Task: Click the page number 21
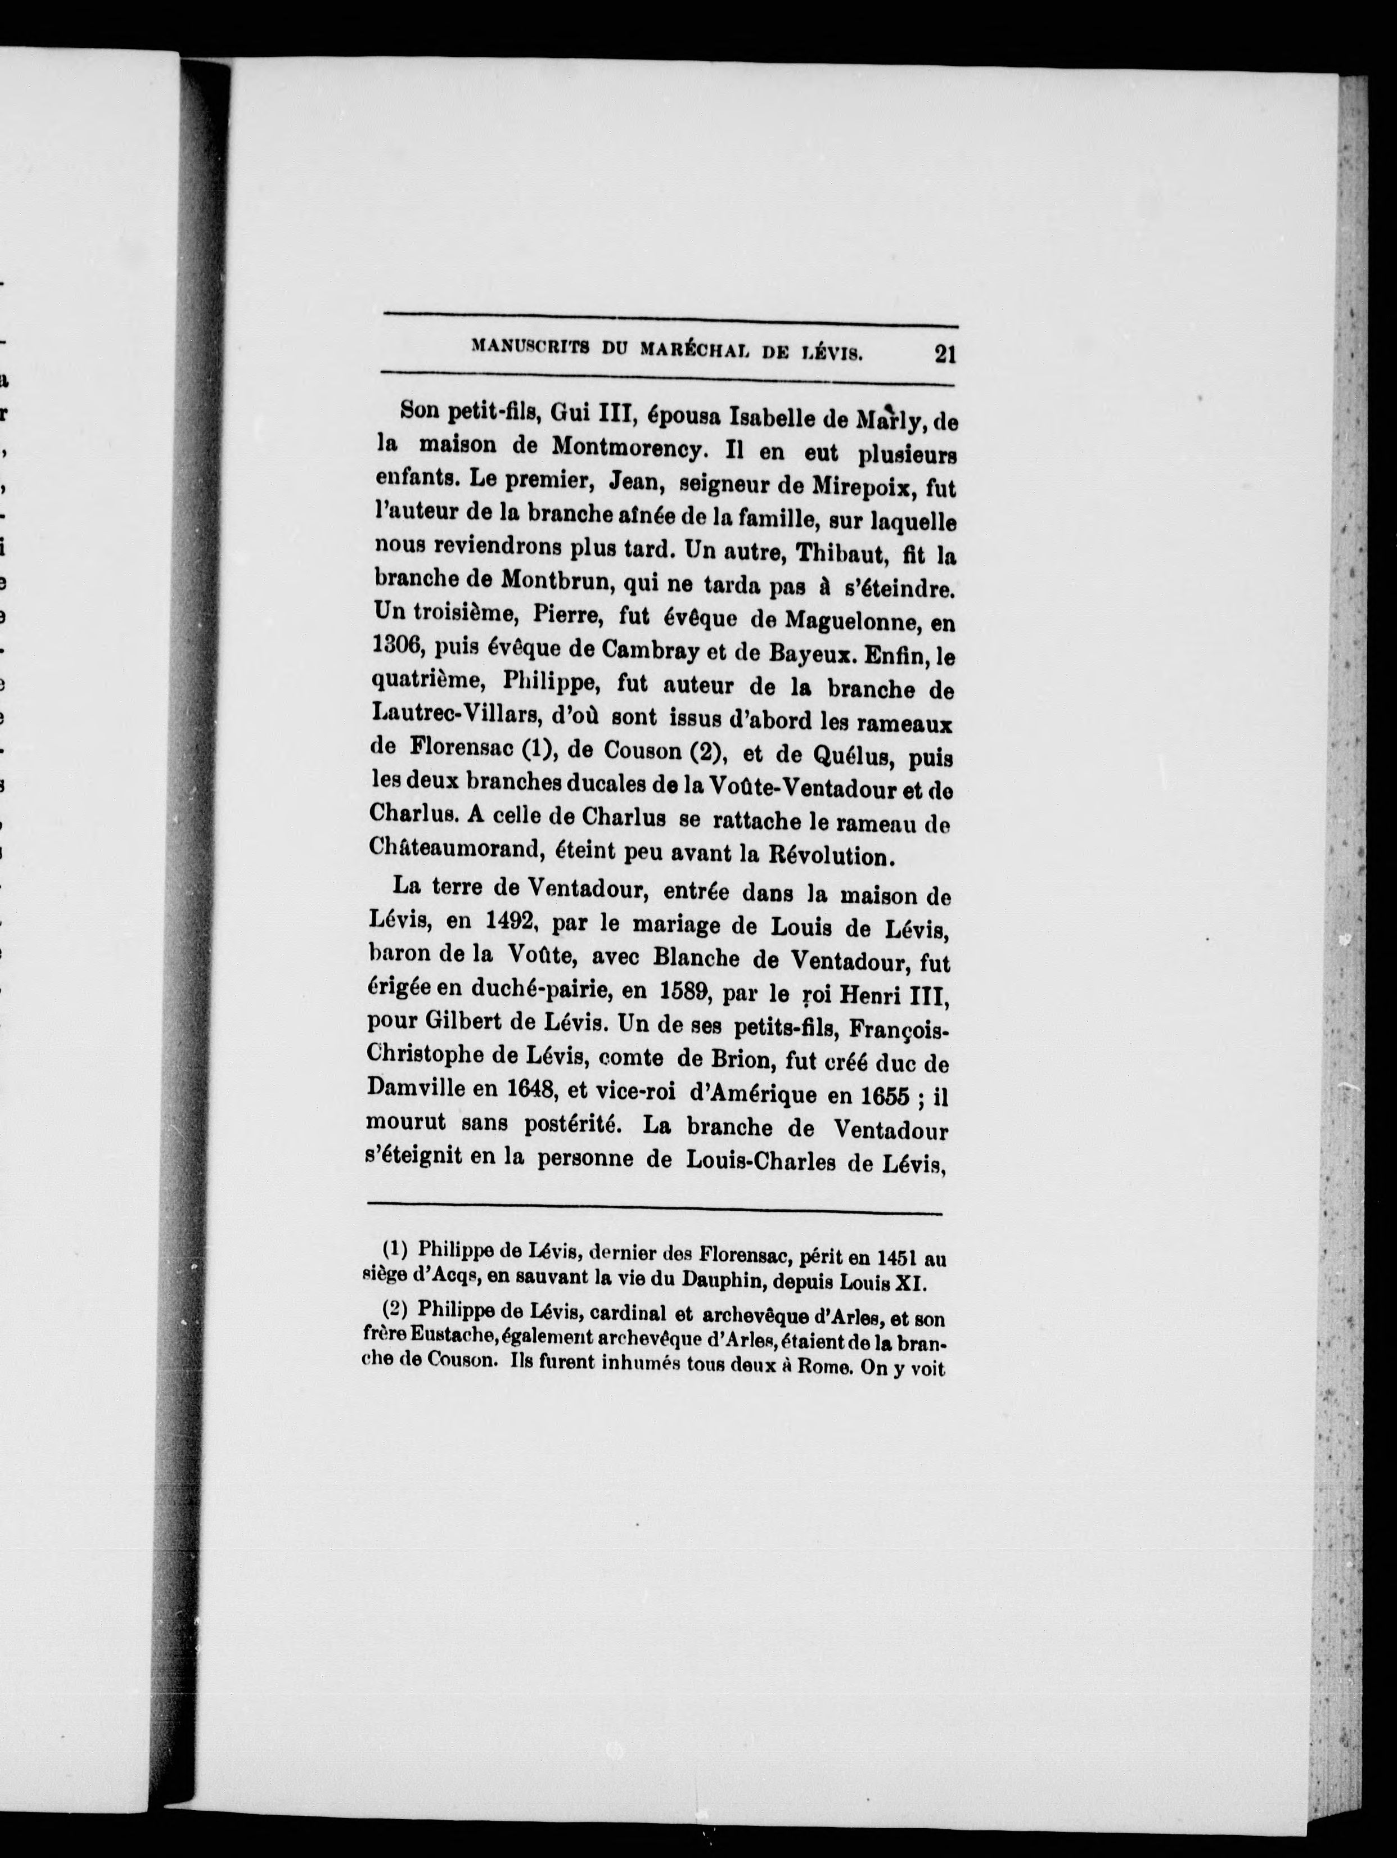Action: [x=944, y=354]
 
